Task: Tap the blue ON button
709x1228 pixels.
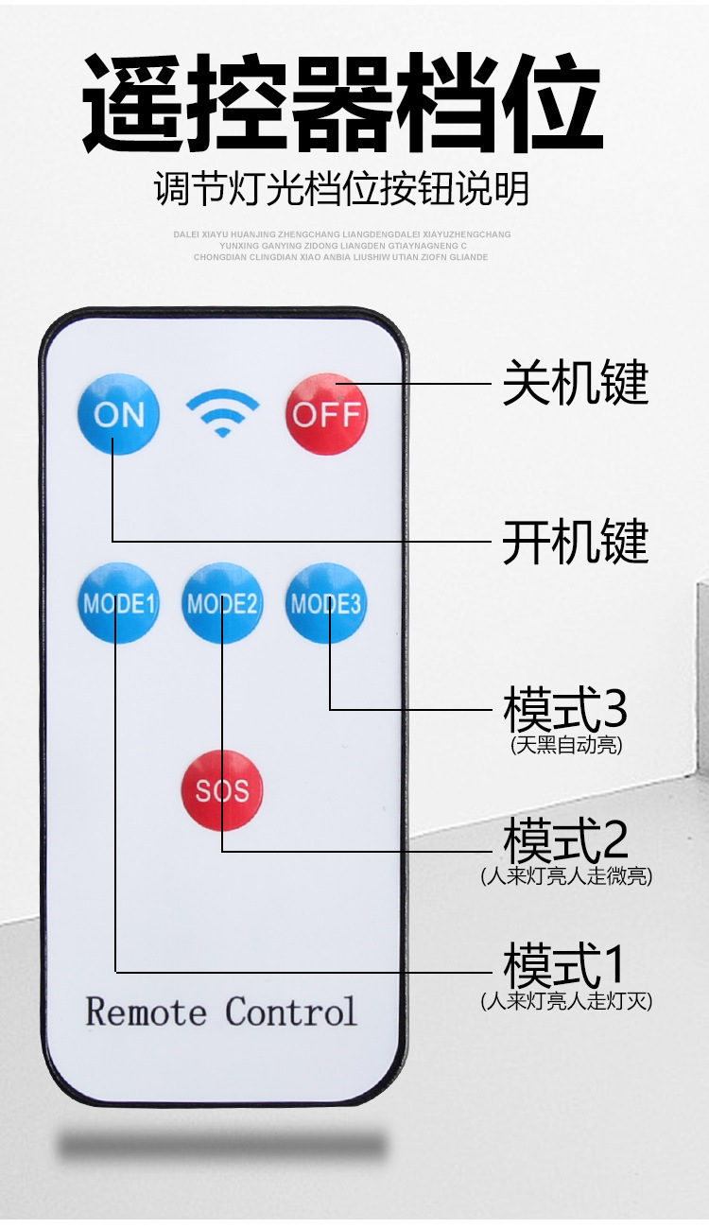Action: (x=118, y=414)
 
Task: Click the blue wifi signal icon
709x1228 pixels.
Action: (x=222, y=413)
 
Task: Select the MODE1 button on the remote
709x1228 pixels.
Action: (x=118, y=603)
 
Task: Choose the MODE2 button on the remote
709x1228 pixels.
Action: (x=222, y=603)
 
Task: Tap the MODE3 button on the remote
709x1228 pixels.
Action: (x=326, y=603)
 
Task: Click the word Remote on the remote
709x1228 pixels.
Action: (x=146, y=1012)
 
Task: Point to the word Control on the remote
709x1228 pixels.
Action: (x=291, y=1012)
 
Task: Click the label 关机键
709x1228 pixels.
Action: (x=575, y=383)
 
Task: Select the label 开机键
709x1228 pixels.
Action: (x=575, y=542)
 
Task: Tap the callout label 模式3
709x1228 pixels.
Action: (x=565, y=710)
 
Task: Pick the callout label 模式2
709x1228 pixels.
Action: (x=565, y=839)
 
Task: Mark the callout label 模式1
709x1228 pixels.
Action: (x=565, y=966)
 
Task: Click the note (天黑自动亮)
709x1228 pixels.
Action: (x=566, y=746)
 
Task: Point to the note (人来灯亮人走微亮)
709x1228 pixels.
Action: (x=566, y=876)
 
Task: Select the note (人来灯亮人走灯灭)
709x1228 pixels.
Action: (x=566, y=1000)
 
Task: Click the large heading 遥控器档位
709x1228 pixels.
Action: (x=342, y=104)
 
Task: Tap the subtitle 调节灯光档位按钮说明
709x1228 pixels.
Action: (x=342, y=189)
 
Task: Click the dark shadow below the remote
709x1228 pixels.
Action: (x=222, y=1146)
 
